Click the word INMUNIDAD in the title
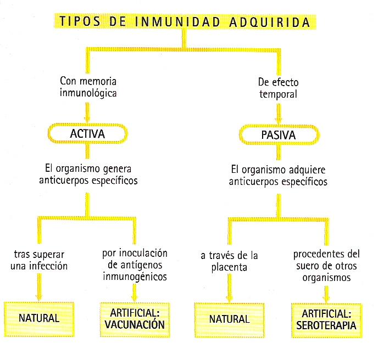tap(177, 21)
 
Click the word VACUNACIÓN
tap(135, 324)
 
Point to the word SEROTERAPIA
tap(326, 325)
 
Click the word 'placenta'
tap(229, 268)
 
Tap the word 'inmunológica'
tap(88, 93)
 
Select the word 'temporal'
tap(278, 94)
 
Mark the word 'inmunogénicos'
tap(135, 277)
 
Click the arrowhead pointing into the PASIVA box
tap(279, 121)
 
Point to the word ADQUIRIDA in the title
tap(270, 22)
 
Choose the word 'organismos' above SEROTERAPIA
tap(326, 278)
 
